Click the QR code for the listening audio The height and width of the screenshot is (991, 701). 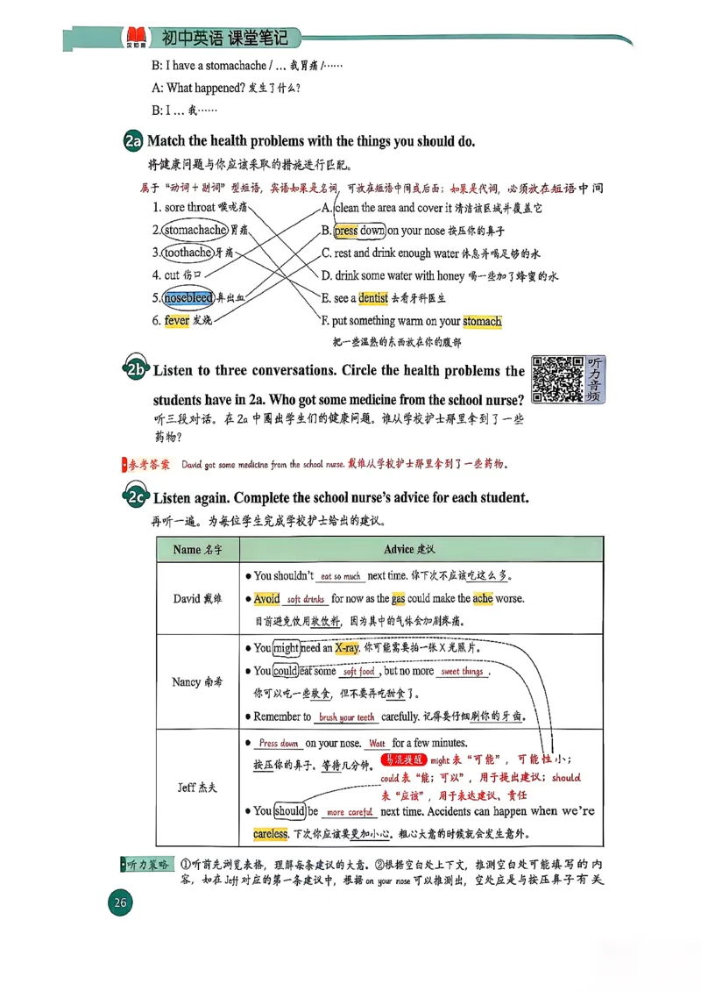(x=557, y=379)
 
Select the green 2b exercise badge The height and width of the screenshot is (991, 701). (x=135, y=371)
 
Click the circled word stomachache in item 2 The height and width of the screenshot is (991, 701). (x=195, y=230)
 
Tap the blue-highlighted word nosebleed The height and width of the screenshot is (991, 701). (x=188, y=298)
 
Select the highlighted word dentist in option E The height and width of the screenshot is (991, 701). (x=373, y=298)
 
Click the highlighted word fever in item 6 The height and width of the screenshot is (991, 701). (x=176, y=321)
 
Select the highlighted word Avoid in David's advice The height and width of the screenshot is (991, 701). (x=266, y=599)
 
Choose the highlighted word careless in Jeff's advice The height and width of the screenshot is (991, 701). (x=270, y=833)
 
